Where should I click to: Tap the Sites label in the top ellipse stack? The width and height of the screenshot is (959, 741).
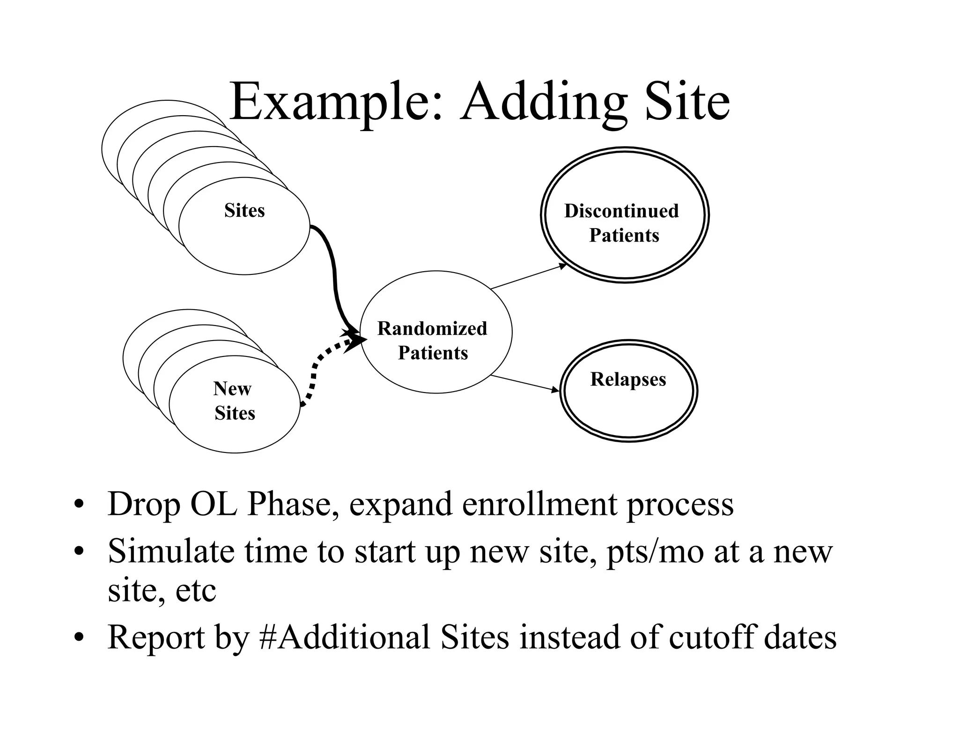(x=244, y=210)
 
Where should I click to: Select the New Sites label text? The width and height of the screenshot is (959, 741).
(x=234, y=401)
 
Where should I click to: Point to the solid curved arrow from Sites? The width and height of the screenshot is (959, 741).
(x=334, y=276)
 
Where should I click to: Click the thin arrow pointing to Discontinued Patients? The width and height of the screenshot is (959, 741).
(x=528, y=277)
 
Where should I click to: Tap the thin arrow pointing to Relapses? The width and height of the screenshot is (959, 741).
(x=524, y=383)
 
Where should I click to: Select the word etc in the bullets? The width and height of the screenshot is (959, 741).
(x=195, y=591)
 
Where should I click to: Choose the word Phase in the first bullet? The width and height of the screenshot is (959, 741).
(x=293, y=504)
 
